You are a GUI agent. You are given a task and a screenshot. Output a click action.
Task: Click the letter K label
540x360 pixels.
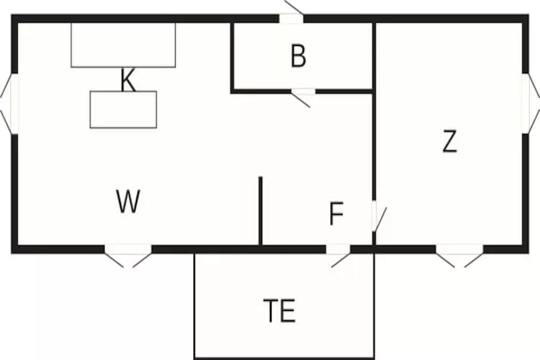click(x=127, y=81)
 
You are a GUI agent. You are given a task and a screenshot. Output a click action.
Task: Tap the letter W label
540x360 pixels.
click(x=127, y=202)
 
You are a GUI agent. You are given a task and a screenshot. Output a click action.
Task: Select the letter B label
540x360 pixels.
click(x=298, y=57)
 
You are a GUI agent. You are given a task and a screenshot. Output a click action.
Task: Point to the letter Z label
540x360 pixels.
click(x=449, y=143)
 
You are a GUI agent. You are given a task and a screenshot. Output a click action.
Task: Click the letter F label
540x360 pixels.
click(x=336, y=215)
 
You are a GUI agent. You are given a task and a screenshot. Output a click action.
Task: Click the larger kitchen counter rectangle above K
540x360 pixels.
click(x=123, y=45)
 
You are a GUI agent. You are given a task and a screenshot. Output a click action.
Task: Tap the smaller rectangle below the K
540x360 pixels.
click(x=123, y=110)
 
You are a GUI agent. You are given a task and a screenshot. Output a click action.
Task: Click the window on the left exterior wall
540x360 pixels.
click(x=9, y=104)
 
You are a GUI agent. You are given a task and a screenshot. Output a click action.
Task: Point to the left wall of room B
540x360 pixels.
click(x=232, y=56)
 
